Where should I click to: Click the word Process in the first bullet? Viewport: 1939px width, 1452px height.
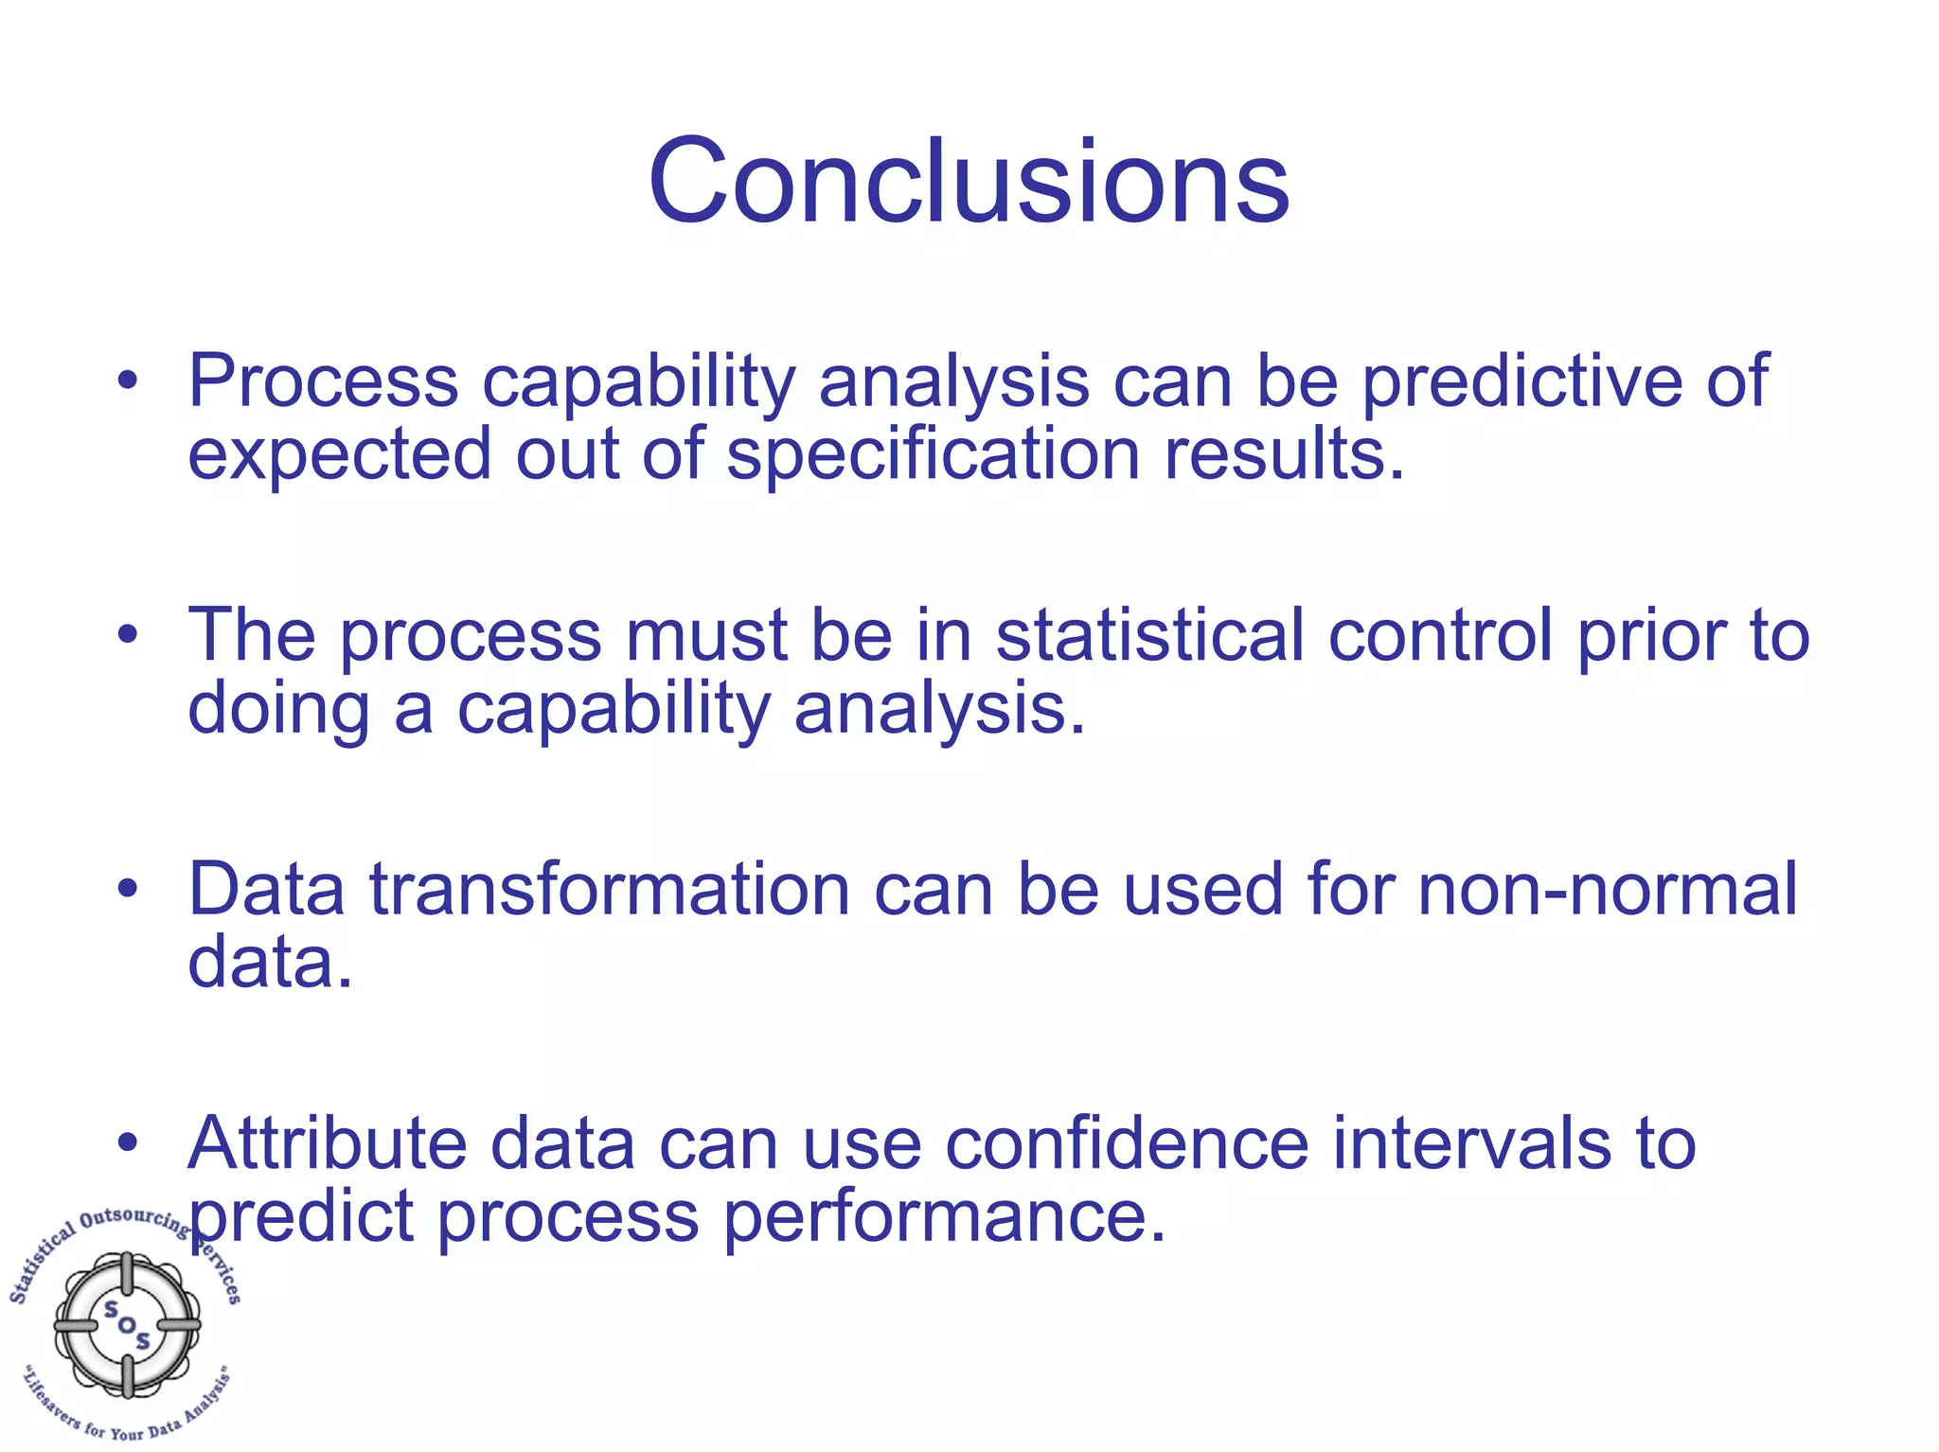(x=323, y=381)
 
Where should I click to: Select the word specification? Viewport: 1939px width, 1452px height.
(x=933, y=454)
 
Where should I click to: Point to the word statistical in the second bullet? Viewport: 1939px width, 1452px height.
(x=1149, y=635)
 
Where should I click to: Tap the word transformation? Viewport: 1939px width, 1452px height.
(x=609, y=890)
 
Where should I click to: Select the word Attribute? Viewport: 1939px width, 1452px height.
(x=327, y=1143)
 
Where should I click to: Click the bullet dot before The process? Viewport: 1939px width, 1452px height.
(x=128, y=635)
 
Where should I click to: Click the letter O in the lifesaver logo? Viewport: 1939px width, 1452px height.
(x=127, y=1324)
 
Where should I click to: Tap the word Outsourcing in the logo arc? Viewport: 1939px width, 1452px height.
(x=133, y=1218)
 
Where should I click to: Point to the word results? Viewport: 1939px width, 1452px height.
(x=1283, y=454)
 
